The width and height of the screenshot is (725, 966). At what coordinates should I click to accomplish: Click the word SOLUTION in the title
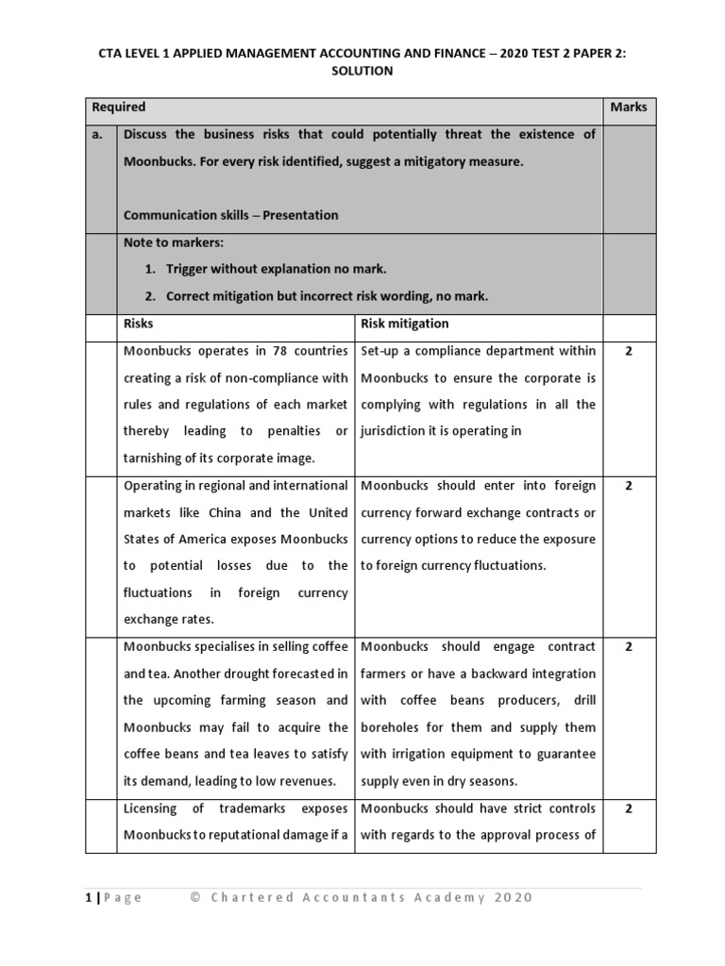(362, 71)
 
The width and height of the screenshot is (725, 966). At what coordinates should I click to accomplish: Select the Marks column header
(628, 108)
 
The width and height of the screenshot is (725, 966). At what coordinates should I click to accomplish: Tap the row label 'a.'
(97, 135)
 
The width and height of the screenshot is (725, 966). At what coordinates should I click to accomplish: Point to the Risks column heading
(140, 324)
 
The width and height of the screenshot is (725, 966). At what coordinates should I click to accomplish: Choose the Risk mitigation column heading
(405, 324)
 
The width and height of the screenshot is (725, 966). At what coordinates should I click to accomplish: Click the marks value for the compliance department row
(628, 351)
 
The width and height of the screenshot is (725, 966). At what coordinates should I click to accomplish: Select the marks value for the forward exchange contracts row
(628, 486)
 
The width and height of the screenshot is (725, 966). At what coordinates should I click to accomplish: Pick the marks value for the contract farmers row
(628, 647)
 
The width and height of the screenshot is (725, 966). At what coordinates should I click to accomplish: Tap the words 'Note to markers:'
(174, 242)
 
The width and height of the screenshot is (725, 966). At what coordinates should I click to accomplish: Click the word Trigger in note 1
(191, 269)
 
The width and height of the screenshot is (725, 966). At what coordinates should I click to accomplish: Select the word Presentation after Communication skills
(300, 215)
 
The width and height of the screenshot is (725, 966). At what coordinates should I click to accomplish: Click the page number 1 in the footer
(88, 897)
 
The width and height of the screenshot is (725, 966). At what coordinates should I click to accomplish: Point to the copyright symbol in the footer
(195, 897)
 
